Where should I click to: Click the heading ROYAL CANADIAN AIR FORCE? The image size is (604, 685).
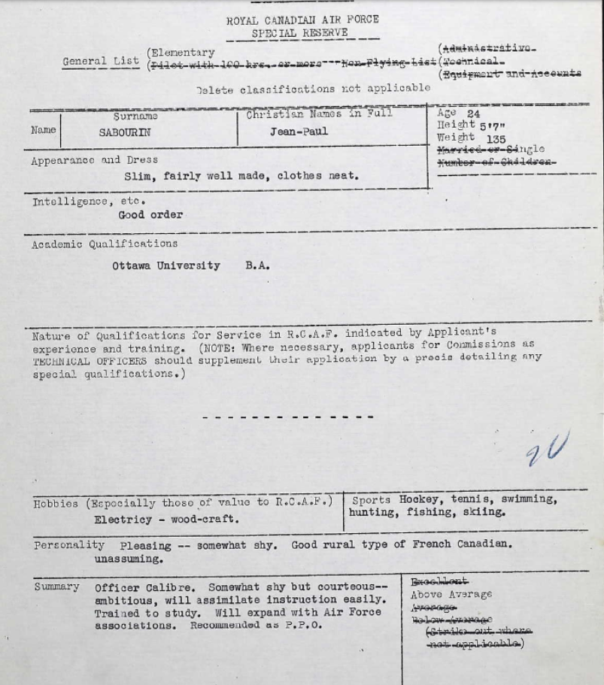tap(302, 20)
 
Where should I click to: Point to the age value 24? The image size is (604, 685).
tap(473, 114)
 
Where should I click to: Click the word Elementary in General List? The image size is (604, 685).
tap(183, 53)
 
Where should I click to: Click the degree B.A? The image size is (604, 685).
tap(257, 265)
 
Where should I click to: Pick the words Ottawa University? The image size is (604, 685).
tap(166, 265)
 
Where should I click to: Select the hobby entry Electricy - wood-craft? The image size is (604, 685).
tap(167, 519)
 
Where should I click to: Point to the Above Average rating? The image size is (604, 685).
tap(451, 594)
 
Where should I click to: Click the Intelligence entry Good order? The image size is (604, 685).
tap(150, 215)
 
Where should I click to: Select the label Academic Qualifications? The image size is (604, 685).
tap(105, 244)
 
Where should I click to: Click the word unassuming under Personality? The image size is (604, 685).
tap(129, 559)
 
